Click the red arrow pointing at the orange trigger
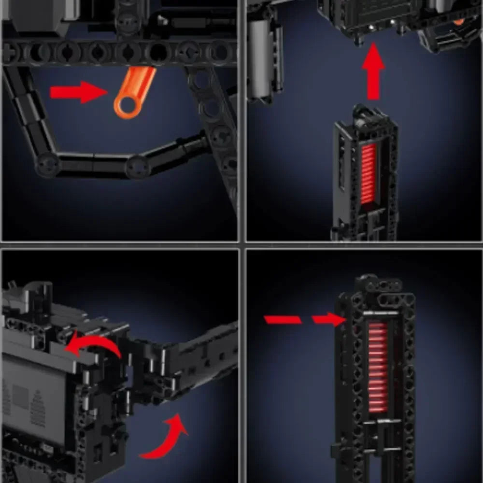point(77,92)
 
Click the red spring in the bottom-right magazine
point(378,367)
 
